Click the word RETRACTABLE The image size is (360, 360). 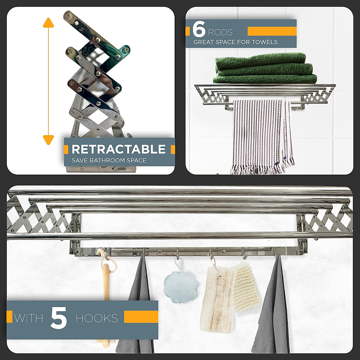[118, 149]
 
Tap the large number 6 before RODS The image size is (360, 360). [199, 29]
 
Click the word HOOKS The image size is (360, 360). [97, 318]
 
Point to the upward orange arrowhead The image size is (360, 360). [48, 23]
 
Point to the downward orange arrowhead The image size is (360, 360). [48, 139]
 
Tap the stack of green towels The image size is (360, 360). [264, 69]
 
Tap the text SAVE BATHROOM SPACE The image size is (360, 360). [109, 160]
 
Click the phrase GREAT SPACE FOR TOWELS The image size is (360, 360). [235, 42]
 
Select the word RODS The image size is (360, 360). [220, 32]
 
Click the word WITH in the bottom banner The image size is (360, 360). [28, 318]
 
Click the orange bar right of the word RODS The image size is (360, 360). [272, 31]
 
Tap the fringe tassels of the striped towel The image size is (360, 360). [261, 168]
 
